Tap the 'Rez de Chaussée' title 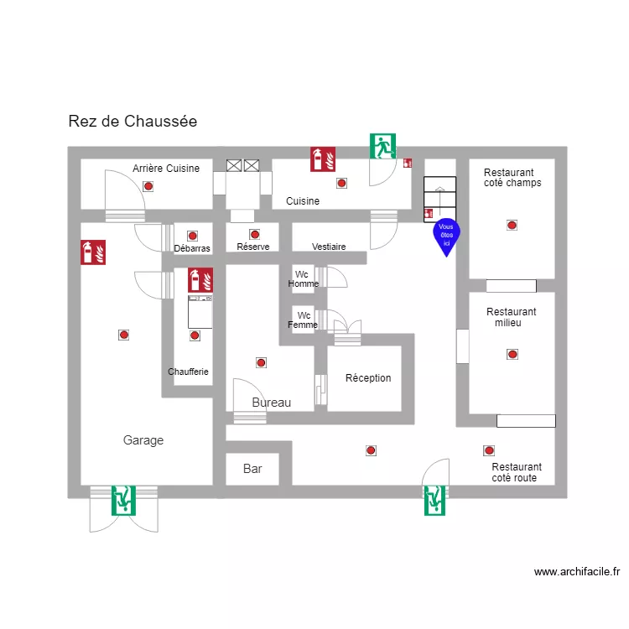pyautogui.click(x=133, y=122)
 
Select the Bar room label pyautogui.click(x=252, y=469)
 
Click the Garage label pyautogui.click(x=143, y=440)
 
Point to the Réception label pyautogui.click(x=368, y=378)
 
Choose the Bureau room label pyautogui.click(x=272, y=403)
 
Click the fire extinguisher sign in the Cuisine pyautogui.click(x=323, y=159)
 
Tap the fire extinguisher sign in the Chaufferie pyautogui.click(x=200, y=280)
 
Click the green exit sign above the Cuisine pyautogui.click(x=383, y=147)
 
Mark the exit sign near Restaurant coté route pyautogui.click(x=434, y=500)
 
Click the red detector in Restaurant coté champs pyautogui.click(x=512, y=225)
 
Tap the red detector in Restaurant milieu pyautogui.click(x=512, y=354)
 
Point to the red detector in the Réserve pyautogui.click(x=254, y=235)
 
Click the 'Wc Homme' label pyautogui.click(x=303, y=279)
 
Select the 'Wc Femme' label pyautogui.click(x=303, y=320)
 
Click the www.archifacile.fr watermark pyautogui.click(x=576, y=572)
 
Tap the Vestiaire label pyautogui.click(x=329, y=247)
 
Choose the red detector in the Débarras pyautogui.click(x=192, y=236)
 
